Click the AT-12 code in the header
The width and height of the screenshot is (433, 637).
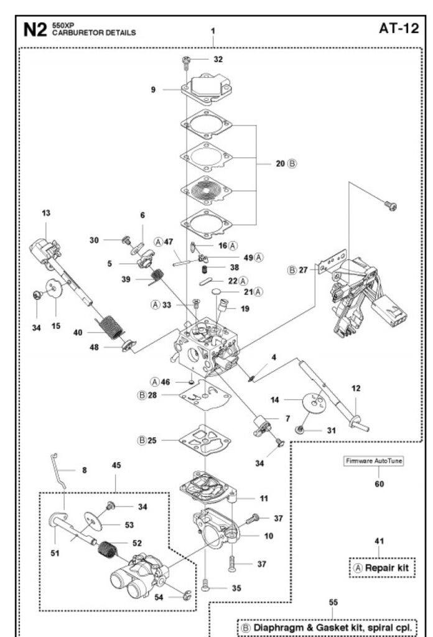tap(396, 29)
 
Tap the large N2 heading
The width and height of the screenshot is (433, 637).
tap(35, 29)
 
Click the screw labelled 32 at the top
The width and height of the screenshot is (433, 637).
tap(185, 60)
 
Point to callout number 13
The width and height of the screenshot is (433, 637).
tap(47, 213)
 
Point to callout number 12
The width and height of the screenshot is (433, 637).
tap(356, 388)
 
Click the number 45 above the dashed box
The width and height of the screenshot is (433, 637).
tap(116, 465)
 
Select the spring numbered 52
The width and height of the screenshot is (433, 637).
tap(109, 550)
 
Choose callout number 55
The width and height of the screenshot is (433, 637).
tap(333, 602)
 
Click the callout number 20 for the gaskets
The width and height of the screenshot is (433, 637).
tap(281, 164)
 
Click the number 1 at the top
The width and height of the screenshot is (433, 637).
tap(213, 30)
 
